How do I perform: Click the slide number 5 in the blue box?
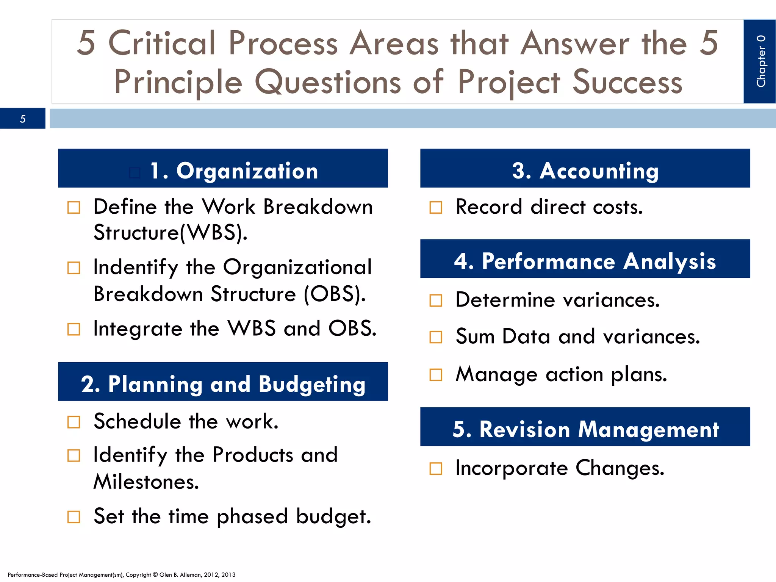coord(23,119)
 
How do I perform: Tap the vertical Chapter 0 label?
coord(760,61)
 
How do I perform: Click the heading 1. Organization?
coord(234,171)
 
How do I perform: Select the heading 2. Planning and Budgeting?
coord(223,384)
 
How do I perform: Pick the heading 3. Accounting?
coord(585,171)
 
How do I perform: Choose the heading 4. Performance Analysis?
coord(585,261)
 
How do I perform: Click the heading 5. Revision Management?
coord(585,430)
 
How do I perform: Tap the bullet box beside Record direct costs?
coord(436,207)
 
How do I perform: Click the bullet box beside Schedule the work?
coord(74,422)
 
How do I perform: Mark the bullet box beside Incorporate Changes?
coord(436,469)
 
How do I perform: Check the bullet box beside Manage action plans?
coord(436,375)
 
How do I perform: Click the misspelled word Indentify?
coord(136,268)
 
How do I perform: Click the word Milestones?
coord(146,482)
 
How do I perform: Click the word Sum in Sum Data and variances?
coord(475,336)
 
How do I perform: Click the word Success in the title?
coord(627,82)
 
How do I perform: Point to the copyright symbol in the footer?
coord(155,574)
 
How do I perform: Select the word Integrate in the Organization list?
coord(138,329)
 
